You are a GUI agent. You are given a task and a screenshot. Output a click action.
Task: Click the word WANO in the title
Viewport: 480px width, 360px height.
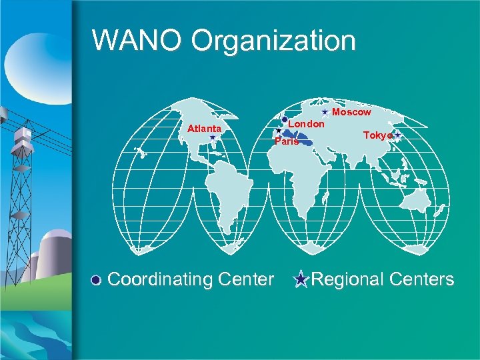click(x=137, y=40)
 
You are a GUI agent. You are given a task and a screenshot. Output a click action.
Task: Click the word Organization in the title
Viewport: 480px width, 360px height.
click(x=273, y=41)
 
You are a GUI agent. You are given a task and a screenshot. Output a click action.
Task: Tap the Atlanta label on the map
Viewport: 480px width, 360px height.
click(x=204, y=128)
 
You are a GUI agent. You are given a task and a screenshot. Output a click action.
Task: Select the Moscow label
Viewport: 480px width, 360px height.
click(x=351, y=113)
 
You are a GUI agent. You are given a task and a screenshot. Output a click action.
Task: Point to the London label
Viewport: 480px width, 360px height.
click(x=306, y=124)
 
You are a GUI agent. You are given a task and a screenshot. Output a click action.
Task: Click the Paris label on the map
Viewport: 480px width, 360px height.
click(x=287, y=141)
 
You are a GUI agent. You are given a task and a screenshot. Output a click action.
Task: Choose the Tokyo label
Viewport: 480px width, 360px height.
click(x=377, y=135)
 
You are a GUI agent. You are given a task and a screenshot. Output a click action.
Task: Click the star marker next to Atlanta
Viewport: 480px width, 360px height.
click(x=212, y=137)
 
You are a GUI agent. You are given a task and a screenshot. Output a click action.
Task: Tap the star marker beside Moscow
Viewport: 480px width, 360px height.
click(x=325, y=112)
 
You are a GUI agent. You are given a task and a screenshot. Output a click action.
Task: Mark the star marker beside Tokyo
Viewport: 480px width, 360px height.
click(x=397, y=135)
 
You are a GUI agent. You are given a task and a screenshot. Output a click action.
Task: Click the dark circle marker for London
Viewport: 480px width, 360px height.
click(x=285, y=119)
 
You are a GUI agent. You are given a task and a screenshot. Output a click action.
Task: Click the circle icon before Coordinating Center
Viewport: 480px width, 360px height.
click(x=97, y=280)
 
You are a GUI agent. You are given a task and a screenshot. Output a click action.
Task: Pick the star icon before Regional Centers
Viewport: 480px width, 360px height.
click(x=301, y=280)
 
